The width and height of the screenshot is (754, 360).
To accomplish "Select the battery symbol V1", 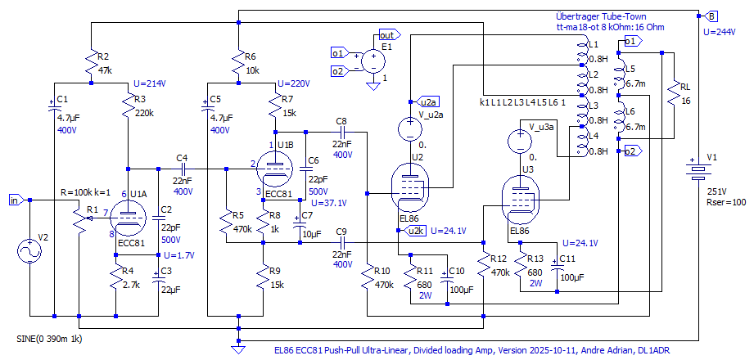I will pyautogui.click(x=697, y=172).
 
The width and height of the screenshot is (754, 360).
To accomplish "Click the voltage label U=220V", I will pyautogui.click(x=294, y=83).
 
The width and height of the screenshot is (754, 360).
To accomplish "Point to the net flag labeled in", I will pyautogui.click(x=16, y=200).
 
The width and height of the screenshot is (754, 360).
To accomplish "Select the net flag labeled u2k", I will pyautogui.click(x=416, y=232).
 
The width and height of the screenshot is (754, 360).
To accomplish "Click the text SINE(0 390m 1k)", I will pyautogui.click(x=50, y=338).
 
